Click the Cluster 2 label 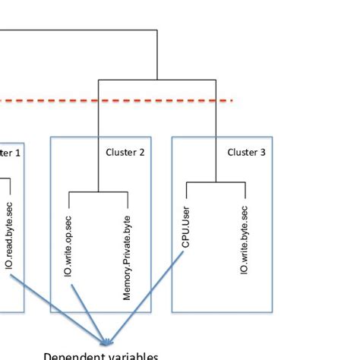125,152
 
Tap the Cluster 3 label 246,152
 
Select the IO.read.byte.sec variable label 9,236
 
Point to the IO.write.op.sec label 68,244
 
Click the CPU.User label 186,226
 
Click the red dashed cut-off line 114,99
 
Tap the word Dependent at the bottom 68,355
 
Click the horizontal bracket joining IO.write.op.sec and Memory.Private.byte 98,192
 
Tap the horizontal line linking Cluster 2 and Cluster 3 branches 157,79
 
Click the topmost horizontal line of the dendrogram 76,30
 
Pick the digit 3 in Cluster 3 263,152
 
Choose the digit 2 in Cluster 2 141,152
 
